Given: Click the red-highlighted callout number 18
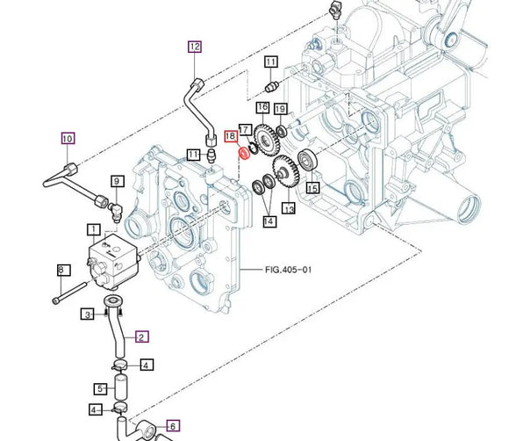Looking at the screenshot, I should point(230,136).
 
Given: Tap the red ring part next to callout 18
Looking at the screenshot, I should point(243,154).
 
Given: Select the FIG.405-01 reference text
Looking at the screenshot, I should point(288,270).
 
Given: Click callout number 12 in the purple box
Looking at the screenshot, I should point(194,47).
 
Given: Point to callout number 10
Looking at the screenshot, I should point(68,138).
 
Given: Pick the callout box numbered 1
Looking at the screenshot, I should point(93,230).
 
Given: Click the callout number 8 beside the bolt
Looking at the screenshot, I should point(61,270).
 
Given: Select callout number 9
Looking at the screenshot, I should point(116,182).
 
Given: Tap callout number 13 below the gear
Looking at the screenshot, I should point(288,210).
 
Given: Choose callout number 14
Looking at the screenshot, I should point(269,221).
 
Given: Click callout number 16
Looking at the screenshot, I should point(262,107).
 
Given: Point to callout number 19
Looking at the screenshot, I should point(280,108).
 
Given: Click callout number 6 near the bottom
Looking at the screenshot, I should point(173,426).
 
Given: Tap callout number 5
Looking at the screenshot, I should point(101,388).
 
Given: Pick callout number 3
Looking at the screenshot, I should point(88,314).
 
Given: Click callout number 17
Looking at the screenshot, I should point(246,129).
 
